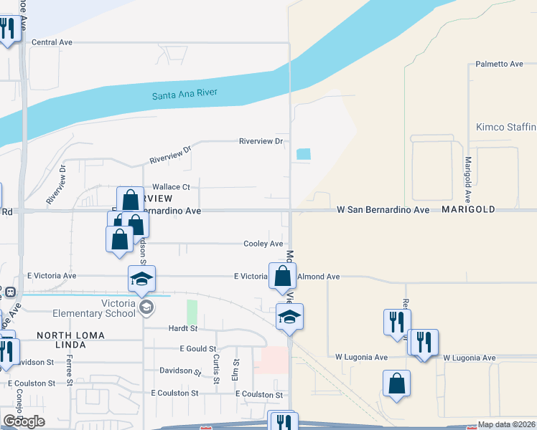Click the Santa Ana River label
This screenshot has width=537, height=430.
pos(185,95)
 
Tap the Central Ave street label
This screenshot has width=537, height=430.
pos(52,42)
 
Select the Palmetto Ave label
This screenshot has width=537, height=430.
pos(500,64)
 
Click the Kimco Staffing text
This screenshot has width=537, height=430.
pos(506,127)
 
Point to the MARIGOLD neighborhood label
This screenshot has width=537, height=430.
pos(469,209)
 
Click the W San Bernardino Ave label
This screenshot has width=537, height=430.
pos(383,210)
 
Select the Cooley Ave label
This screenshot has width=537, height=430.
pos(263,244)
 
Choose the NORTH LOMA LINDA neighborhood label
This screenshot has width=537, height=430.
pos(70,340)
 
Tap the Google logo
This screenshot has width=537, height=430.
pos(24,421)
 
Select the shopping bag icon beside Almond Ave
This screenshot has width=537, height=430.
pos(283,275)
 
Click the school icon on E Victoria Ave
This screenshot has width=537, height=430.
pos(142,278)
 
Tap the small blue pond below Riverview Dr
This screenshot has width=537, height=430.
pos(304,153)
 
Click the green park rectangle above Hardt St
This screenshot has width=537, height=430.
pos(192,312)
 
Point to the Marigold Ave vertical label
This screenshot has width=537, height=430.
pos(467,179)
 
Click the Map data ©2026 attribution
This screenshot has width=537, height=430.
pos(506,424)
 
